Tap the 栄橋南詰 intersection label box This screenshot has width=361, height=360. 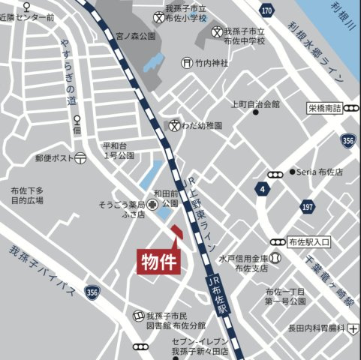tap(324, 108)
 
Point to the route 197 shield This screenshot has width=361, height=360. tap(307, 206)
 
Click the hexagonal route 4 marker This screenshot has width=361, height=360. tap(262, 188)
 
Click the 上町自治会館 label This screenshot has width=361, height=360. tap(254, 104)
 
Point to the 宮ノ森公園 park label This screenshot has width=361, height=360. tap(136, 35)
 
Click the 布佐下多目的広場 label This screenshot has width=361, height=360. tap(27, 196)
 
